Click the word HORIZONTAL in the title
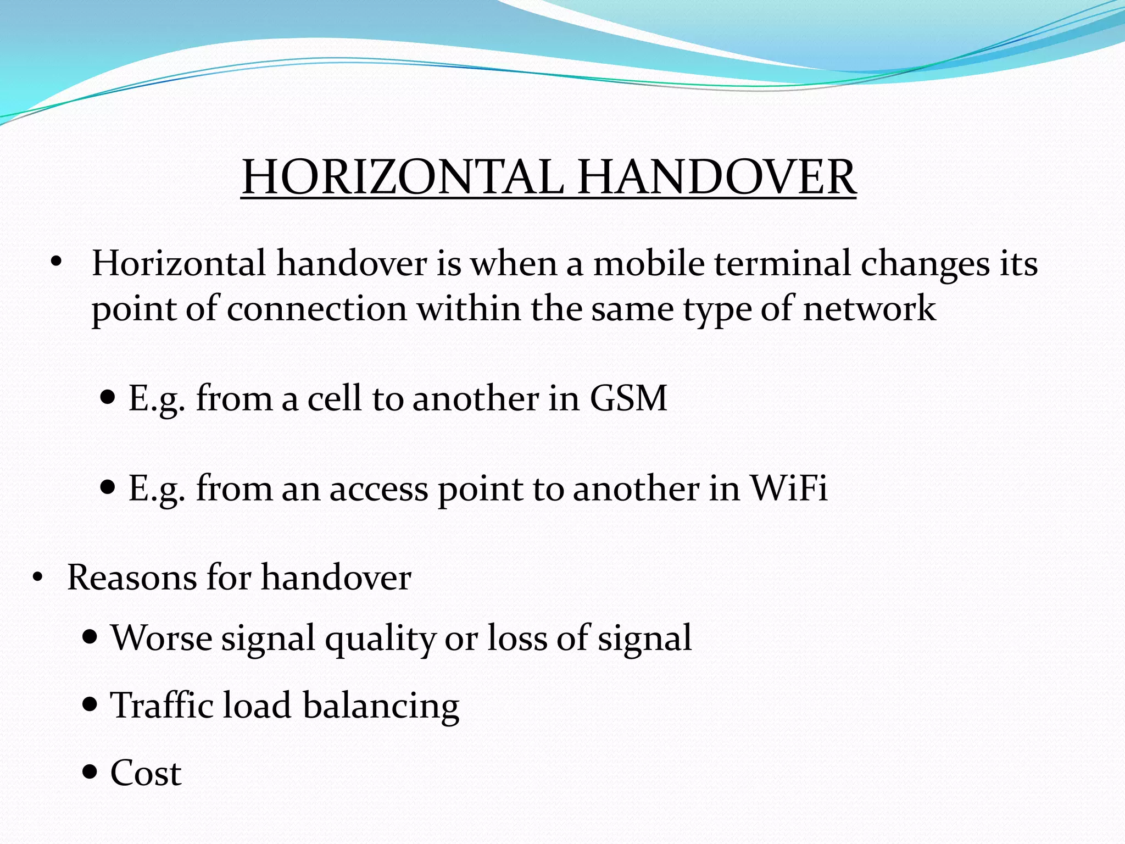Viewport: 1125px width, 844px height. tap(403, 177)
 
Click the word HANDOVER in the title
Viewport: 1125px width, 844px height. tap(716, 177)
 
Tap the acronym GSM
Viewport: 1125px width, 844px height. tap(628, 398)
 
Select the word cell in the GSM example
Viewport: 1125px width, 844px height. tap(335, 398)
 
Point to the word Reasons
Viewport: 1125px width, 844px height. tap(132, 578)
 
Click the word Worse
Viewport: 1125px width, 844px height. tap(161, 638)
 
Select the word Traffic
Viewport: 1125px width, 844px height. tap(161, 706)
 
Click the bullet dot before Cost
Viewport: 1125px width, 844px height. tap(90, 772)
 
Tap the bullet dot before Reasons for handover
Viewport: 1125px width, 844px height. tap(37, 578)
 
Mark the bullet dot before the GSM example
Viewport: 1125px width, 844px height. tap(108, 397)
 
